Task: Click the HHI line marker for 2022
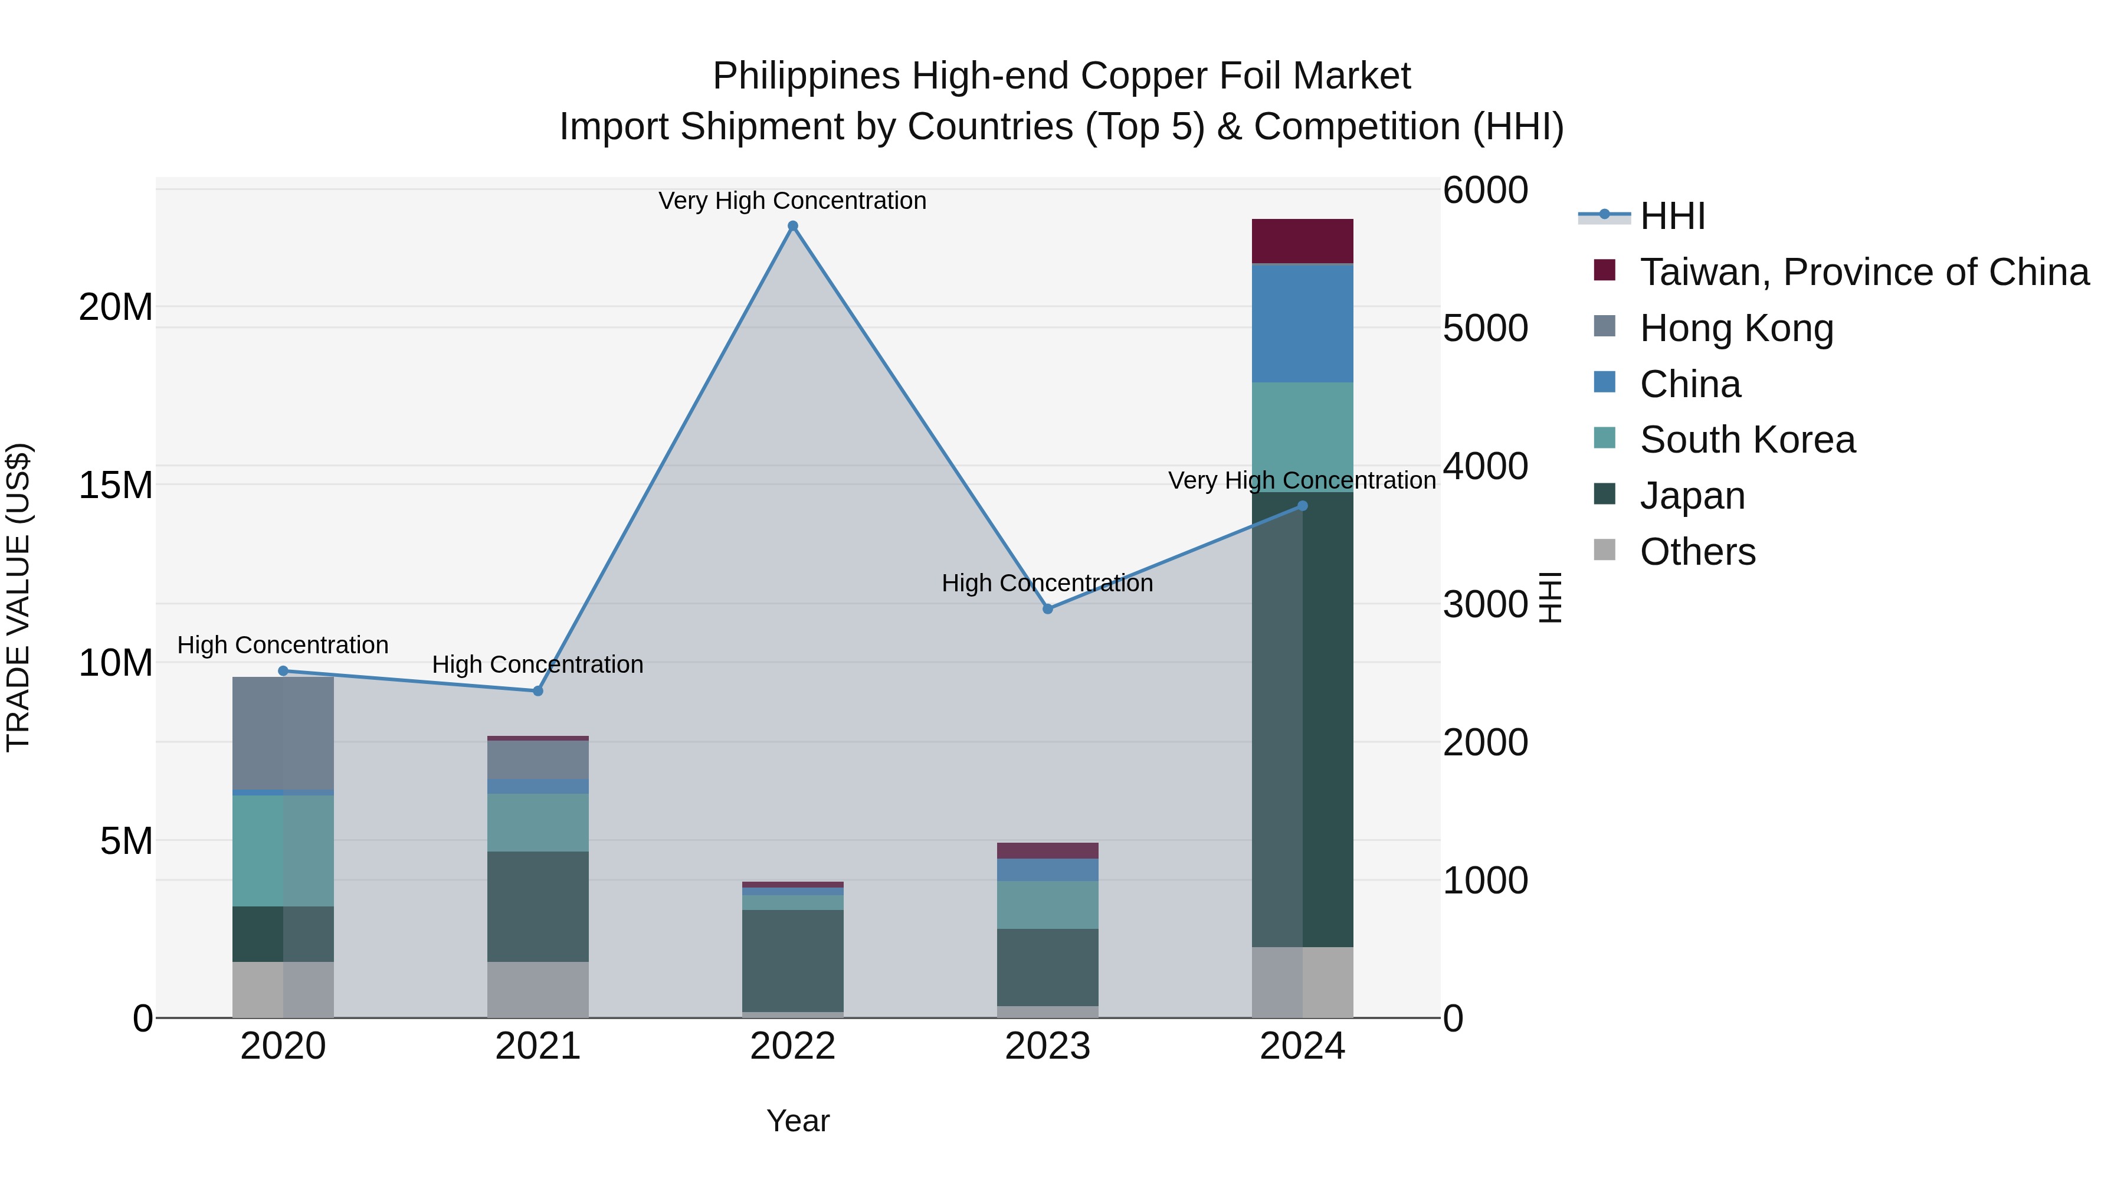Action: [792, 226]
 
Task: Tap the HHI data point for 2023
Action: [1047, 608]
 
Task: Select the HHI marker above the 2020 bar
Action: [283, 670]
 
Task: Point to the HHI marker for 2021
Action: [537, 690]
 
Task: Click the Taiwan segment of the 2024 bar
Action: [1302, 241]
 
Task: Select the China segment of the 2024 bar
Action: [1302, 323]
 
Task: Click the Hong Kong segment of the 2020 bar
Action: [283, 732]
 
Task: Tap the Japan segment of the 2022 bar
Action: [792, 960]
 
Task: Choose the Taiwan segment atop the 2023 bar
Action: [1047, 850]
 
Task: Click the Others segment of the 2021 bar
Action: [537, 989]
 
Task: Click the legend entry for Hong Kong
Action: [1736, 328]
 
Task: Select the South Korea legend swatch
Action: [1605, 438]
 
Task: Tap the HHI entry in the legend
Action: [1672, 216]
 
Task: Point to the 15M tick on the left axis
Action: [116, 485]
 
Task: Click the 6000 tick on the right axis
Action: [1485, 189]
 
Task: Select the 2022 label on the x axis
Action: [792, 1046]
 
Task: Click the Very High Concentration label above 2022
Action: [792, 201]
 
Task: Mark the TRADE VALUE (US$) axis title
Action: [18, 597]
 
